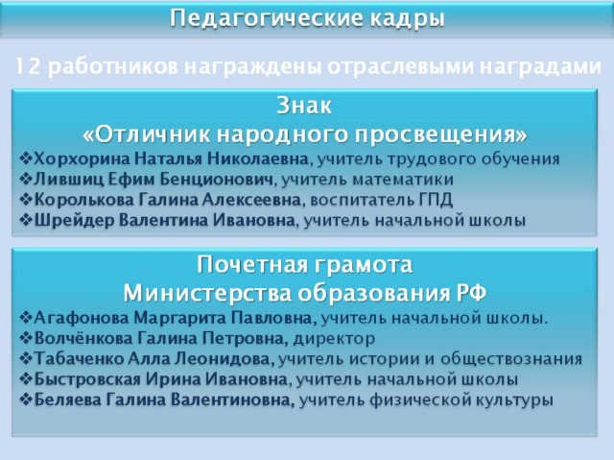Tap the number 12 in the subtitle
click(28, 66)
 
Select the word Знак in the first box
click(304, 106)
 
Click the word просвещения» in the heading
click(441, 135)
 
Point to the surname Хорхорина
click(83, 159)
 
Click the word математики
click(403, 180)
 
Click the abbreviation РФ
click(471, 293)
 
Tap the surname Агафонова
click(82, 318)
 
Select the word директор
click(334, 338)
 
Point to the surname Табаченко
click(79, 358)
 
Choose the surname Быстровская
click(87, 379)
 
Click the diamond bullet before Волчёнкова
click(26, 338)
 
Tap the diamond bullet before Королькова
click(26, 200)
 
